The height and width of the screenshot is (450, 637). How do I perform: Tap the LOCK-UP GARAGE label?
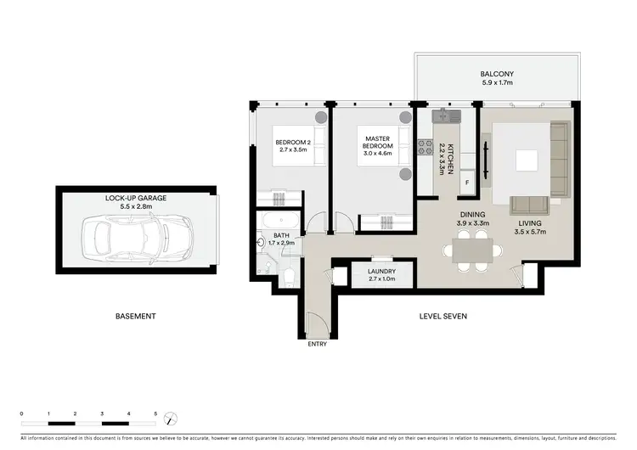click(136, 198)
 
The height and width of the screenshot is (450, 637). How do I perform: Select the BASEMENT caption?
click(136, 316)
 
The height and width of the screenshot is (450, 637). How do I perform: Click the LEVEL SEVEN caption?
click(443, 316)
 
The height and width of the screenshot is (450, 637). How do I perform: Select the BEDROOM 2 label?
click(291, 145)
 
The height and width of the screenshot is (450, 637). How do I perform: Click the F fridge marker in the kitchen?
click(466, 182)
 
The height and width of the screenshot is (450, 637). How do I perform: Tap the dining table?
click(468, 251)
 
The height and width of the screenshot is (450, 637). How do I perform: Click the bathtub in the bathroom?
click(279, 223)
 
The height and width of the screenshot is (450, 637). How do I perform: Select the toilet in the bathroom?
click(289, 273)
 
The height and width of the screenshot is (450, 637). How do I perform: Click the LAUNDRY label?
click(381, 273)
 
